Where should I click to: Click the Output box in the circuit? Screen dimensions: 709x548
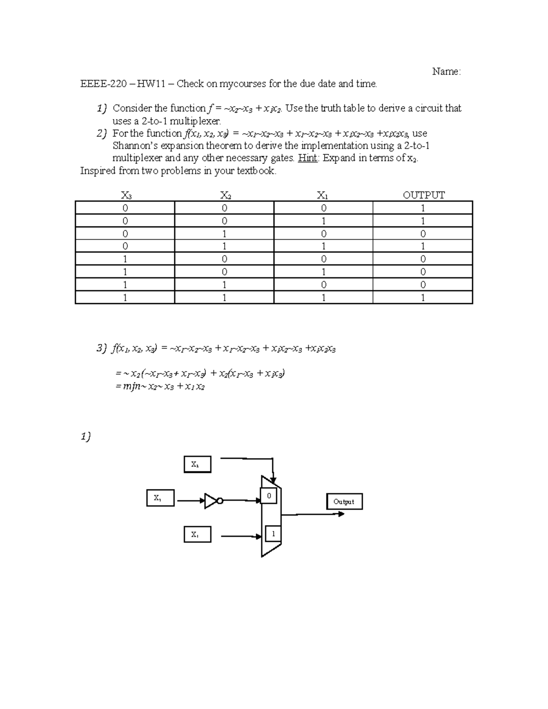(344, 501)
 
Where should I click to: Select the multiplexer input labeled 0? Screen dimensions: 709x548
(269, 496)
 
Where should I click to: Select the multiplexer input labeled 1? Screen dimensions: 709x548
(273, 533)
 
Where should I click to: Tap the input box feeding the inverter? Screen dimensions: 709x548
(160, 498)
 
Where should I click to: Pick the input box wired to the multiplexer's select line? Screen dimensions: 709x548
(197, 464)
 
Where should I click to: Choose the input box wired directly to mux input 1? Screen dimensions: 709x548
(197, 534)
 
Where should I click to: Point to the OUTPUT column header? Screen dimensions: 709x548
(423, 195)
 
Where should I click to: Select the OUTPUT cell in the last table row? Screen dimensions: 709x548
(423, 298)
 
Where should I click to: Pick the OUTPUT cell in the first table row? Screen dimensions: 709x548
(423, 208)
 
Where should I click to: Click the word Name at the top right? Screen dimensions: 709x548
(446, 72)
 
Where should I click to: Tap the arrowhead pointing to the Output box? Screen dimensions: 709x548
(341, 514)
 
